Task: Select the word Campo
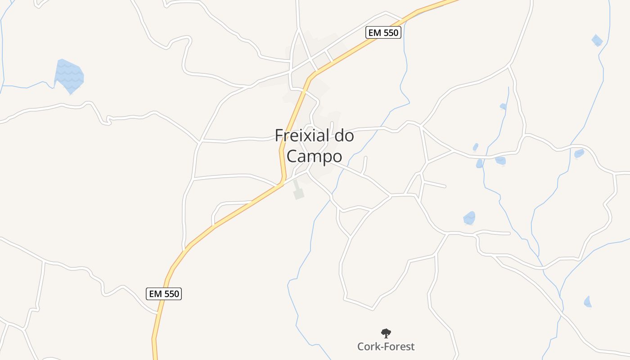[314, 157]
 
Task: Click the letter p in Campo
[325, 157]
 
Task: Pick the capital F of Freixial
[279, 135]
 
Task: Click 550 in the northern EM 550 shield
[390, 33]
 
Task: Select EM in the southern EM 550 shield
[155, 294]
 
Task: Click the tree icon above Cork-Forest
[386, 333]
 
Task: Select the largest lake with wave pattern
[69, 76]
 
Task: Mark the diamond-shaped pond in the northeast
[597, 40]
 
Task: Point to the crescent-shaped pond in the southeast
[587, 302]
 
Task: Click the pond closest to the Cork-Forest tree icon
[469, 218]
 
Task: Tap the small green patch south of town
[298, 193]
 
